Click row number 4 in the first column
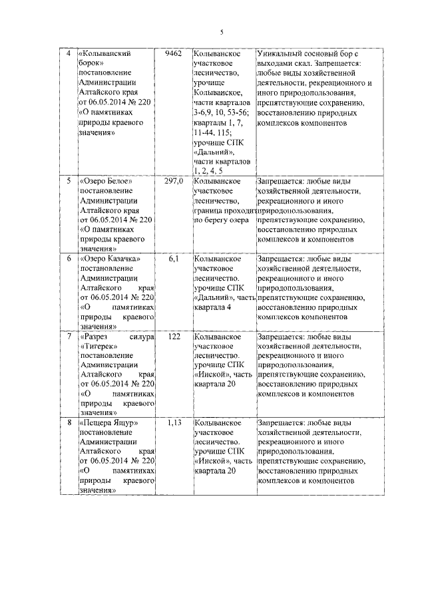[x=67, y=53]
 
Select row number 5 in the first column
[x=67, y=181]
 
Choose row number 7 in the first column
[x=67, y=337]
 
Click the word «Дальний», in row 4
[x=214, y=152]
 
